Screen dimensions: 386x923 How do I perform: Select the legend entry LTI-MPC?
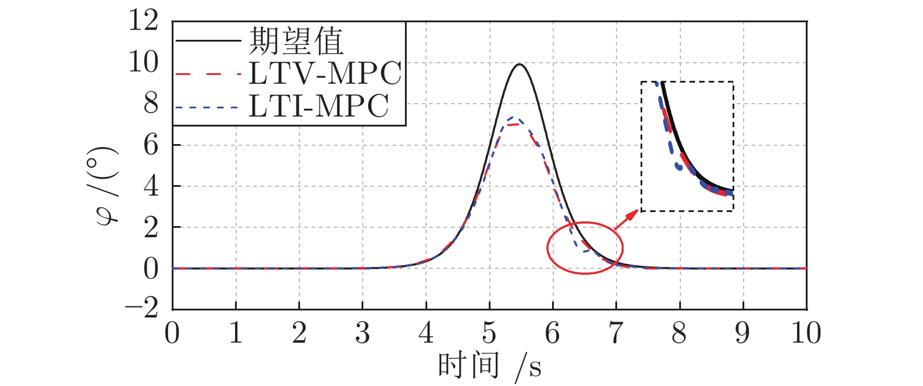319,107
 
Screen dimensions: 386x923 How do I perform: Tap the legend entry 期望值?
297,41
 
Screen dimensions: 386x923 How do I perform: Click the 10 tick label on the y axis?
144,62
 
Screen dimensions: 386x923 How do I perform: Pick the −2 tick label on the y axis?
142,309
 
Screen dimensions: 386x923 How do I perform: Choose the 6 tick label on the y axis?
151,145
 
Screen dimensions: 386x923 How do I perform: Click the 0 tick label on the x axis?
172,333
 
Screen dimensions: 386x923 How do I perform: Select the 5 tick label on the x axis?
489,333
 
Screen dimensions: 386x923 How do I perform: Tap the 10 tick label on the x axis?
806,333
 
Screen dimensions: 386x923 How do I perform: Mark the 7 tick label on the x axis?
616,333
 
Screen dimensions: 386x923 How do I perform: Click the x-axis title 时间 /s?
489,367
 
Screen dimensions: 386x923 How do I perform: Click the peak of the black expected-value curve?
519,64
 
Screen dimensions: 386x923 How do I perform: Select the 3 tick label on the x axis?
363,333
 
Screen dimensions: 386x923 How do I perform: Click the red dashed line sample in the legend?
208,74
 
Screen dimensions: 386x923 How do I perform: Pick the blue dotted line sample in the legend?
208,108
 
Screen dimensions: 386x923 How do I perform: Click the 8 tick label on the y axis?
151,104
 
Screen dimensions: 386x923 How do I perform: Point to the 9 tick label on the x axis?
743,333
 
